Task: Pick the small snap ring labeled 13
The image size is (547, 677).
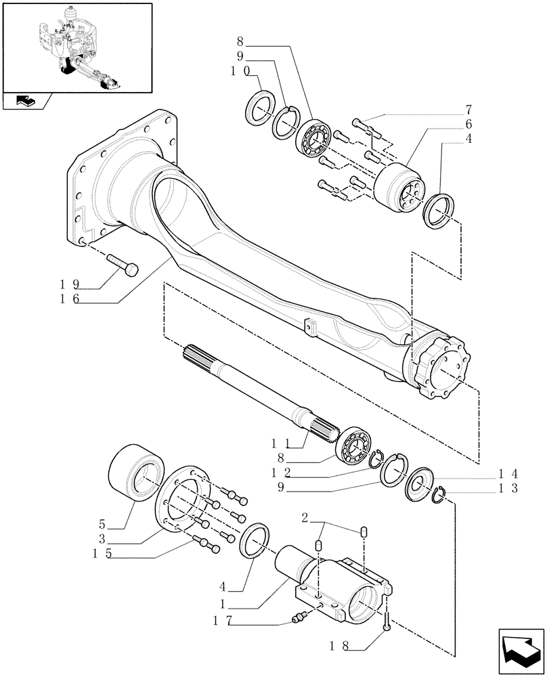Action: point(440,496)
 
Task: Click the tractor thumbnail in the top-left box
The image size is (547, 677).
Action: point(76,47)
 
